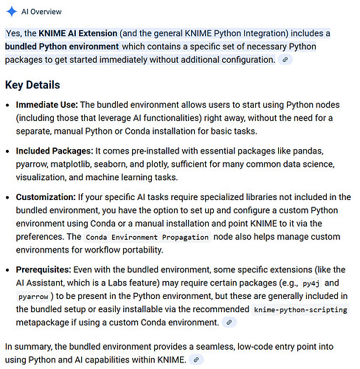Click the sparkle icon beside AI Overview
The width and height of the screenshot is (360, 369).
[13, 12]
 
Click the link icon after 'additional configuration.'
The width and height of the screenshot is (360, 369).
[284, 60]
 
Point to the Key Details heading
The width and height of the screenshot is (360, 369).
[32, 85]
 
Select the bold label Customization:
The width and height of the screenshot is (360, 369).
[48, 197]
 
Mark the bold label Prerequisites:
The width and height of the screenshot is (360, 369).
[47, 270]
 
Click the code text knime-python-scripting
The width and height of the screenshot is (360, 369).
[302, 310]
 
